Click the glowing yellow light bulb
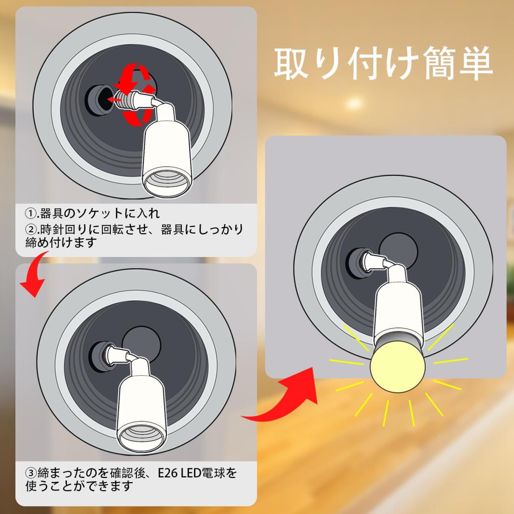tap(397, 368)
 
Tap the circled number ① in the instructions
tap(31, 214)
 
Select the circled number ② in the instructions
tap(31, 229)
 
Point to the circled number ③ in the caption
tap(31, 473)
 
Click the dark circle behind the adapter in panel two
tap(141, 344)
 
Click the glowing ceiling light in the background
tap(354, 103)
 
